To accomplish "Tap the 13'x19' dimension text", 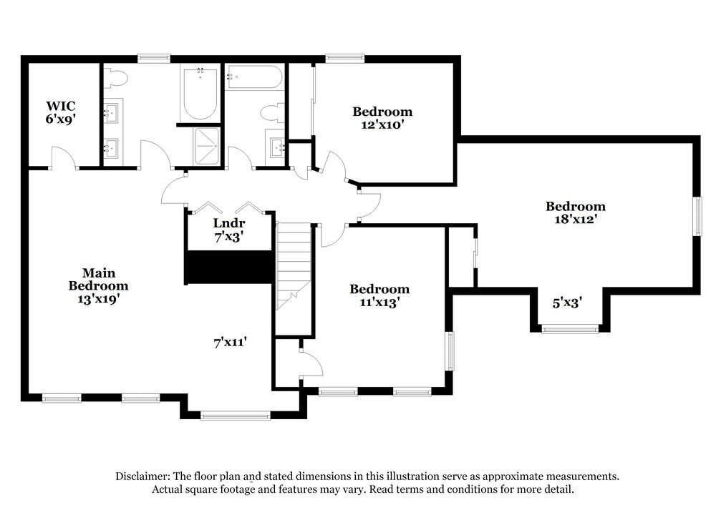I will (99, 300).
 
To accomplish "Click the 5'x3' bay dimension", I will (566, 303).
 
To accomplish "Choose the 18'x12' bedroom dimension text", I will (575, 220).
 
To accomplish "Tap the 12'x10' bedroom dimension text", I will (382, 125).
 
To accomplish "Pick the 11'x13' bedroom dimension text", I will (379, 303).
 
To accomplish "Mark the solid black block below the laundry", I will (229, 267).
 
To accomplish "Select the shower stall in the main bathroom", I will (207, 147).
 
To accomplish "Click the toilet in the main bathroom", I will (118, 77).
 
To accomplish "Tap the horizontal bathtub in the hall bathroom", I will (254, 77).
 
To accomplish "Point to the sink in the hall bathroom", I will (276, 148).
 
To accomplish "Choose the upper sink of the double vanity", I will (111, 112).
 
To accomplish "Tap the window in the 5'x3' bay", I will (569, 329).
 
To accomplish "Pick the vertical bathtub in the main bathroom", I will (200, 94).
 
